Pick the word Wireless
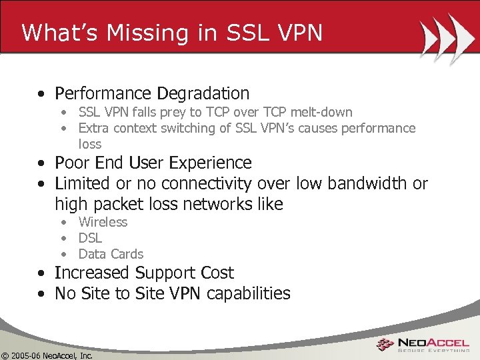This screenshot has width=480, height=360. [x=103, y=222]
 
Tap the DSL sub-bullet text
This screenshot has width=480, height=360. [x=90, y=238]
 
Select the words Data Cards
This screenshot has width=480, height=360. [x=111, y=254]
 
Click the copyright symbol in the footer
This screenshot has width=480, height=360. [x=5, y=355]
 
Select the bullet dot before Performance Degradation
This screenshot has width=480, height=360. [x=42, y=94]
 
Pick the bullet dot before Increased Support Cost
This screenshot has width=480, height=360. [x=42, y=273]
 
